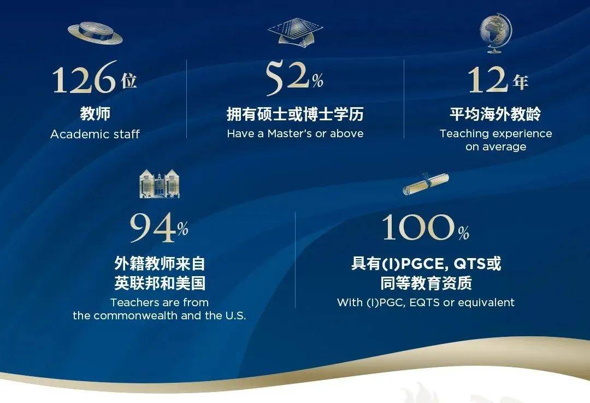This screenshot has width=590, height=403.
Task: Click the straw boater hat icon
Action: [x=95, y=33]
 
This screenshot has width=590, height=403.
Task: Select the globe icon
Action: [x=496, y=33]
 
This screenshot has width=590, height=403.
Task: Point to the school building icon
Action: [x=160, y=184]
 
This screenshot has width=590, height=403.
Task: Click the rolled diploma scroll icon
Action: [x=426, y=184]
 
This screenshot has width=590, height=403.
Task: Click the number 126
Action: [x=84, y=78]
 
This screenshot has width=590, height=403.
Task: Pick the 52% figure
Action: [x=294, y=78]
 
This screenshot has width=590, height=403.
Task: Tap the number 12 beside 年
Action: [x=488, y=79]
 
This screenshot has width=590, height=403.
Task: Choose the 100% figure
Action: [x=426, y=227]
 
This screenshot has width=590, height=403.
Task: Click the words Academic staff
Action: [x=95, y=134]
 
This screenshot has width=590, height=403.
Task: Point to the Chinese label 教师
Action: [x=95, y=113]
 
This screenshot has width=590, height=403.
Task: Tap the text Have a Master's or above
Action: [x=296, y=133]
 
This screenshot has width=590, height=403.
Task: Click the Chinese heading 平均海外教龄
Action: [x=495, y=114]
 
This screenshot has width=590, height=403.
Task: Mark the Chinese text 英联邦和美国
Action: [x=160, y=283]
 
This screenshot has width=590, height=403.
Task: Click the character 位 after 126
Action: [x=129, y=80]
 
